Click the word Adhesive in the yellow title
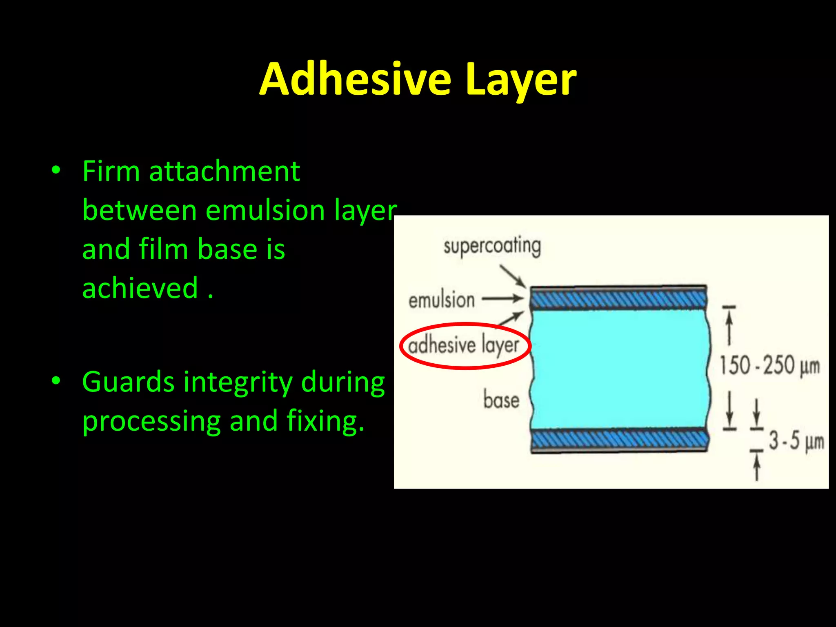pos(355,80)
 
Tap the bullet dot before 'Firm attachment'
pos(56,170)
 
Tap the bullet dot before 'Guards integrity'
pos(56,381)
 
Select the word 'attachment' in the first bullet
pos(225,171)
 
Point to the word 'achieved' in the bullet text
pos(140,288)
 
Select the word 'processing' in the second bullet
pos(151,422)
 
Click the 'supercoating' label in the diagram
pos(492,246)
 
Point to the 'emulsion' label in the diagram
pos(442,301)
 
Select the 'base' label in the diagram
pos(501,400)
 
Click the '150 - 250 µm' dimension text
pos(769,365)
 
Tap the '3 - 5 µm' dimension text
pos(796,441)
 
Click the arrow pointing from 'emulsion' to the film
pos(502,299)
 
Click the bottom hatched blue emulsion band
pos(619,440)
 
